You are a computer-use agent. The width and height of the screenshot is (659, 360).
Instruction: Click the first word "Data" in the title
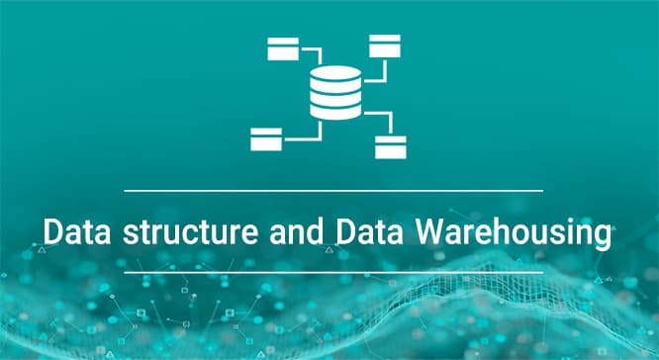tap(77, 231)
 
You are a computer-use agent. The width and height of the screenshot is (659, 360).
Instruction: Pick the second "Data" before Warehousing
tap(369, 231)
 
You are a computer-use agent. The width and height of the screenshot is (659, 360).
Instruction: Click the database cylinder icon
tap(335, 92)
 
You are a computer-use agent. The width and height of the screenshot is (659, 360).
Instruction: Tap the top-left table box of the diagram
tap(283, 48)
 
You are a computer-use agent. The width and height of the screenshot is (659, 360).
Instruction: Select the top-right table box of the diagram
tap(385, 45)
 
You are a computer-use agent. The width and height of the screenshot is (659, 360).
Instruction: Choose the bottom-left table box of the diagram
tap(266, 139)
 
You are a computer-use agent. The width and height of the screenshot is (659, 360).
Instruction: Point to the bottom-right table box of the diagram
tap(391, 147)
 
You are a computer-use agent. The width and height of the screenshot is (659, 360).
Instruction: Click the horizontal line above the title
tap(333, 191)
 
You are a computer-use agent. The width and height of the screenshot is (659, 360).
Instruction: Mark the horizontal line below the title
tap(333, 273)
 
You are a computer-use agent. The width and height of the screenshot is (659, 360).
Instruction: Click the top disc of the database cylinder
tap(335, 72)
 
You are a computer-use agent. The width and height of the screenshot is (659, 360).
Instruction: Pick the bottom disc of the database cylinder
tap(335, 112)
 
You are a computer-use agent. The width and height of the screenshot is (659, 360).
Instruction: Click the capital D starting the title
tap(52, 231)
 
